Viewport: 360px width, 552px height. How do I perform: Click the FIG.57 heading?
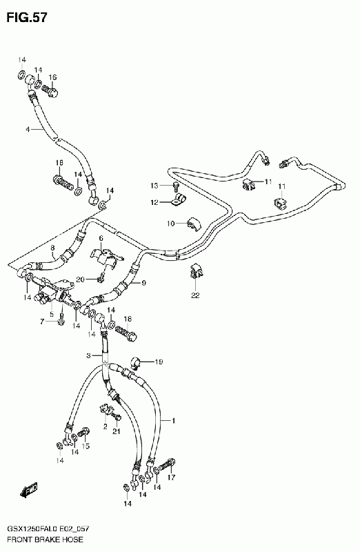[x=27, y=17]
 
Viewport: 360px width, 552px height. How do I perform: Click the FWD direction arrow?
[x=29, y=491]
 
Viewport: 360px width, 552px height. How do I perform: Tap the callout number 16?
[x=52, y=77]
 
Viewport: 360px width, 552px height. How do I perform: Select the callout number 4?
[x=28, y=130]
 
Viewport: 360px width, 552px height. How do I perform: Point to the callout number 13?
[x=154, y=186]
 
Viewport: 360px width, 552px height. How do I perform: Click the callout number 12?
[x=154, y=202]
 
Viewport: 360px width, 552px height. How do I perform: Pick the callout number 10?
[x=171, y=223]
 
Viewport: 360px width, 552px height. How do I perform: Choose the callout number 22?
[x=195, y=295]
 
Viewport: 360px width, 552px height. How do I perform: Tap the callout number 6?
[x=101, y=238]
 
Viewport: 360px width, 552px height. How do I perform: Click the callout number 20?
[x=80, y=279]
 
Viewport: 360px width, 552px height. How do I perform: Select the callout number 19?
[x=159, y=362]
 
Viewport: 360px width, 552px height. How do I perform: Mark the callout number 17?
[x=171, y=477]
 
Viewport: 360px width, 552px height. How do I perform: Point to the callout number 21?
[x=117, y=431]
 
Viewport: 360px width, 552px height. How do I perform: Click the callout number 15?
[x=86, y=446]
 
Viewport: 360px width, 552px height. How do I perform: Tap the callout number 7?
[x=42, y=322]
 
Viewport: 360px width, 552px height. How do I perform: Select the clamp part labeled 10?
[x=193, y=225]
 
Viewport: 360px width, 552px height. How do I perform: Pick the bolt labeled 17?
[x=168, y=464]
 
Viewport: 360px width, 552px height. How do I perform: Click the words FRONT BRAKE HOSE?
[x=45, y=540]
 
